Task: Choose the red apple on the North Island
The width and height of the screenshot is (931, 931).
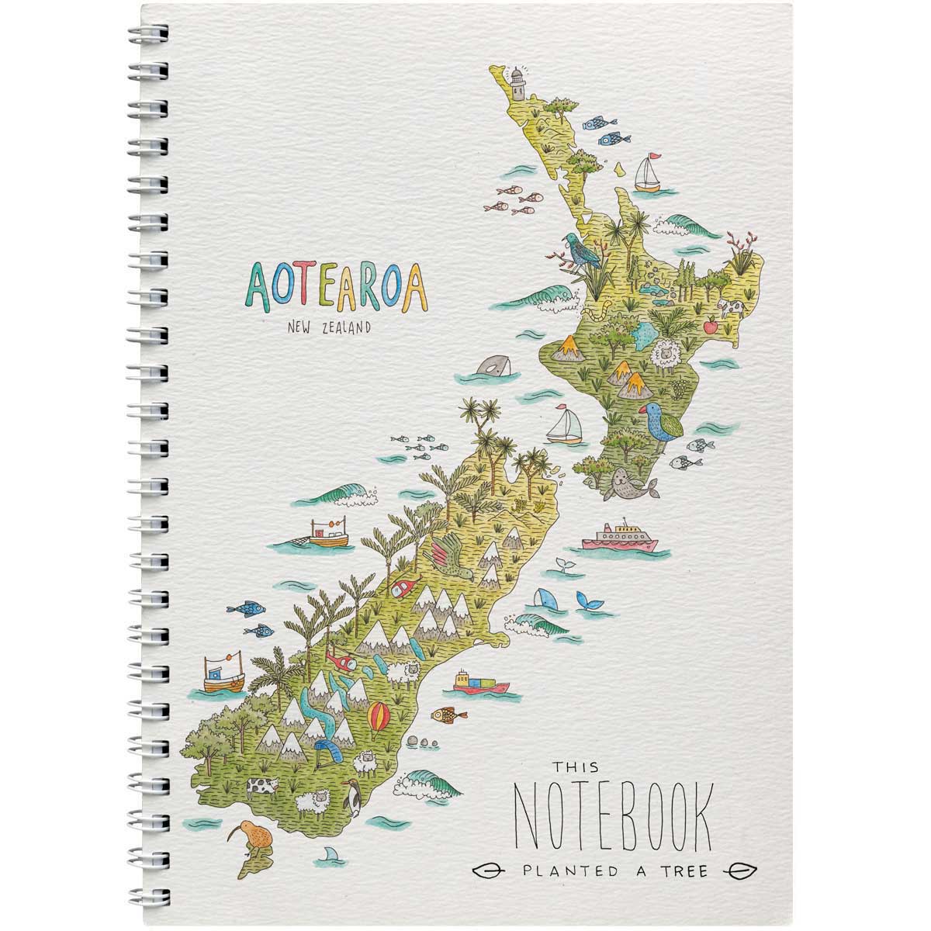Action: click(x=710, y=327)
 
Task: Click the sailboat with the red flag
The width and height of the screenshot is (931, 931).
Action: click(x=648, y=175)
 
